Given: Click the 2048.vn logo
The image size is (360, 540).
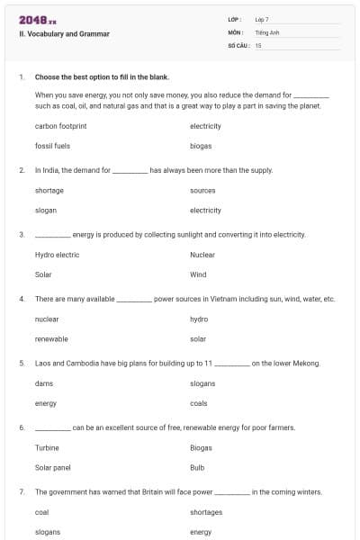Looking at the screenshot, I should (37, 20).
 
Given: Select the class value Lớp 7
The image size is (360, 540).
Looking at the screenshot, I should (262, 19).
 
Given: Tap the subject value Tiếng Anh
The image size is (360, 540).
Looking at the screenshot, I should (267, 31).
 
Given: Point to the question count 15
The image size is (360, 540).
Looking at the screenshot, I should (258, 44).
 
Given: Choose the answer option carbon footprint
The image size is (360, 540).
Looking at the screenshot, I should (60, 126).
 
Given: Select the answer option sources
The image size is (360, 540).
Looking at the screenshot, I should (202, 190).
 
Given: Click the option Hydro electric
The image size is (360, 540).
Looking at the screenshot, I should (57, 255).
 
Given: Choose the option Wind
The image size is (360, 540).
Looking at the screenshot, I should (198, 274).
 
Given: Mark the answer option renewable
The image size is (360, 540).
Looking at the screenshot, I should (51, 339).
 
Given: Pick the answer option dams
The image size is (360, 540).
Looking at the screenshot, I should (43, 383).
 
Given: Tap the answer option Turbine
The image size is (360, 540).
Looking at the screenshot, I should (47, 447).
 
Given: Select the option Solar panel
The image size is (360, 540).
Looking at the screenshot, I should (53, 467).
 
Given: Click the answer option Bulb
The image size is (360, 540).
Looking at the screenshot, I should (197, 467).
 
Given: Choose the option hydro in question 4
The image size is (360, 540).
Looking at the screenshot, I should (199, 319).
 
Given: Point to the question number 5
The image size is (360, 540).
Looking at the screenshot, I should (21, 364).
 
